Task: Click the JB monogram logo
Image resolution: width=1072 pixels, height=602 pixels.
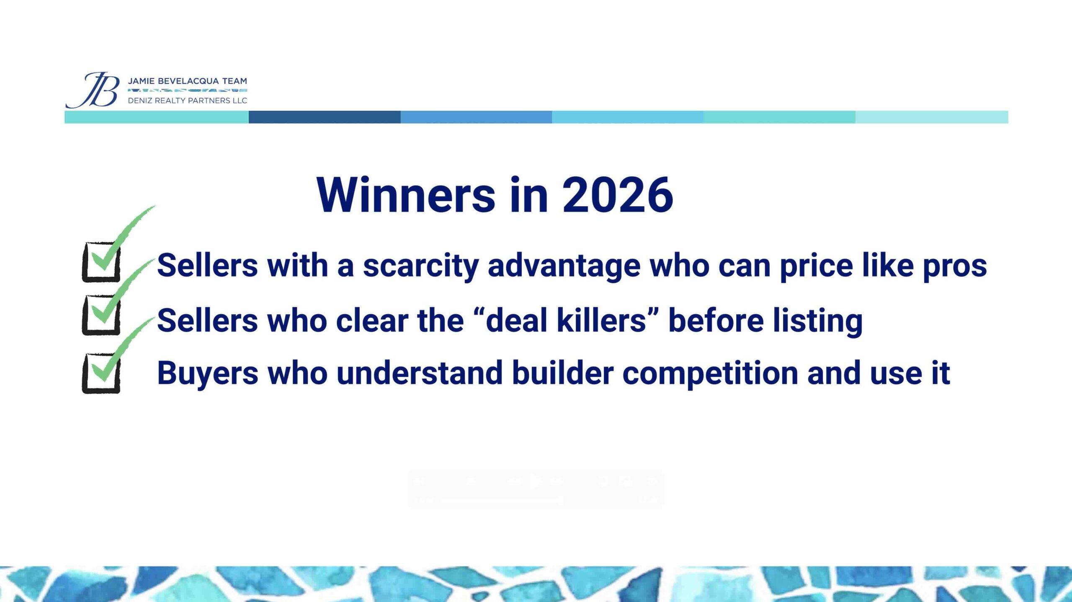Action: click(x=93, y=90)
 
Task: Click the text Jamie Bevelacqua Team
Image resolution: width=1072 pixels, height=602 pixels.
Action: click(x=187, y=81)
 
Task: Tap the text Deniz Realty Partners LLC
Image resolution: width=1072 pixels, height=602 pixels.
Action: click(x=187, y=101)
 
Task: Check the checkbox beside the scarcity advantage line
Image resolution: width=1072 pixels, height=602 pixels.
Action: click(x=101, y=262)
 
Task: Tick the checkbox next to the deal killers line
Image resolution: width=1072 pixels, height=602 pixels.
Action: click(x=101, y=315)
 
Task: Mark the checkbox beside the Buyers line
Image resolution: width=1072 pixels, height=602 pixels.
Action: click(x=101, y=373)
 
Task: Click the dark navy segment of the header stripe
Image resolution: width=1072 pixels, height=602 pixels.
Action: click(x=325, y=117)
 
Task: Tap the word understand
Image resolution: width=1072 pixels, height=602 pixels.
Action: click(x=419, y=373)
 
